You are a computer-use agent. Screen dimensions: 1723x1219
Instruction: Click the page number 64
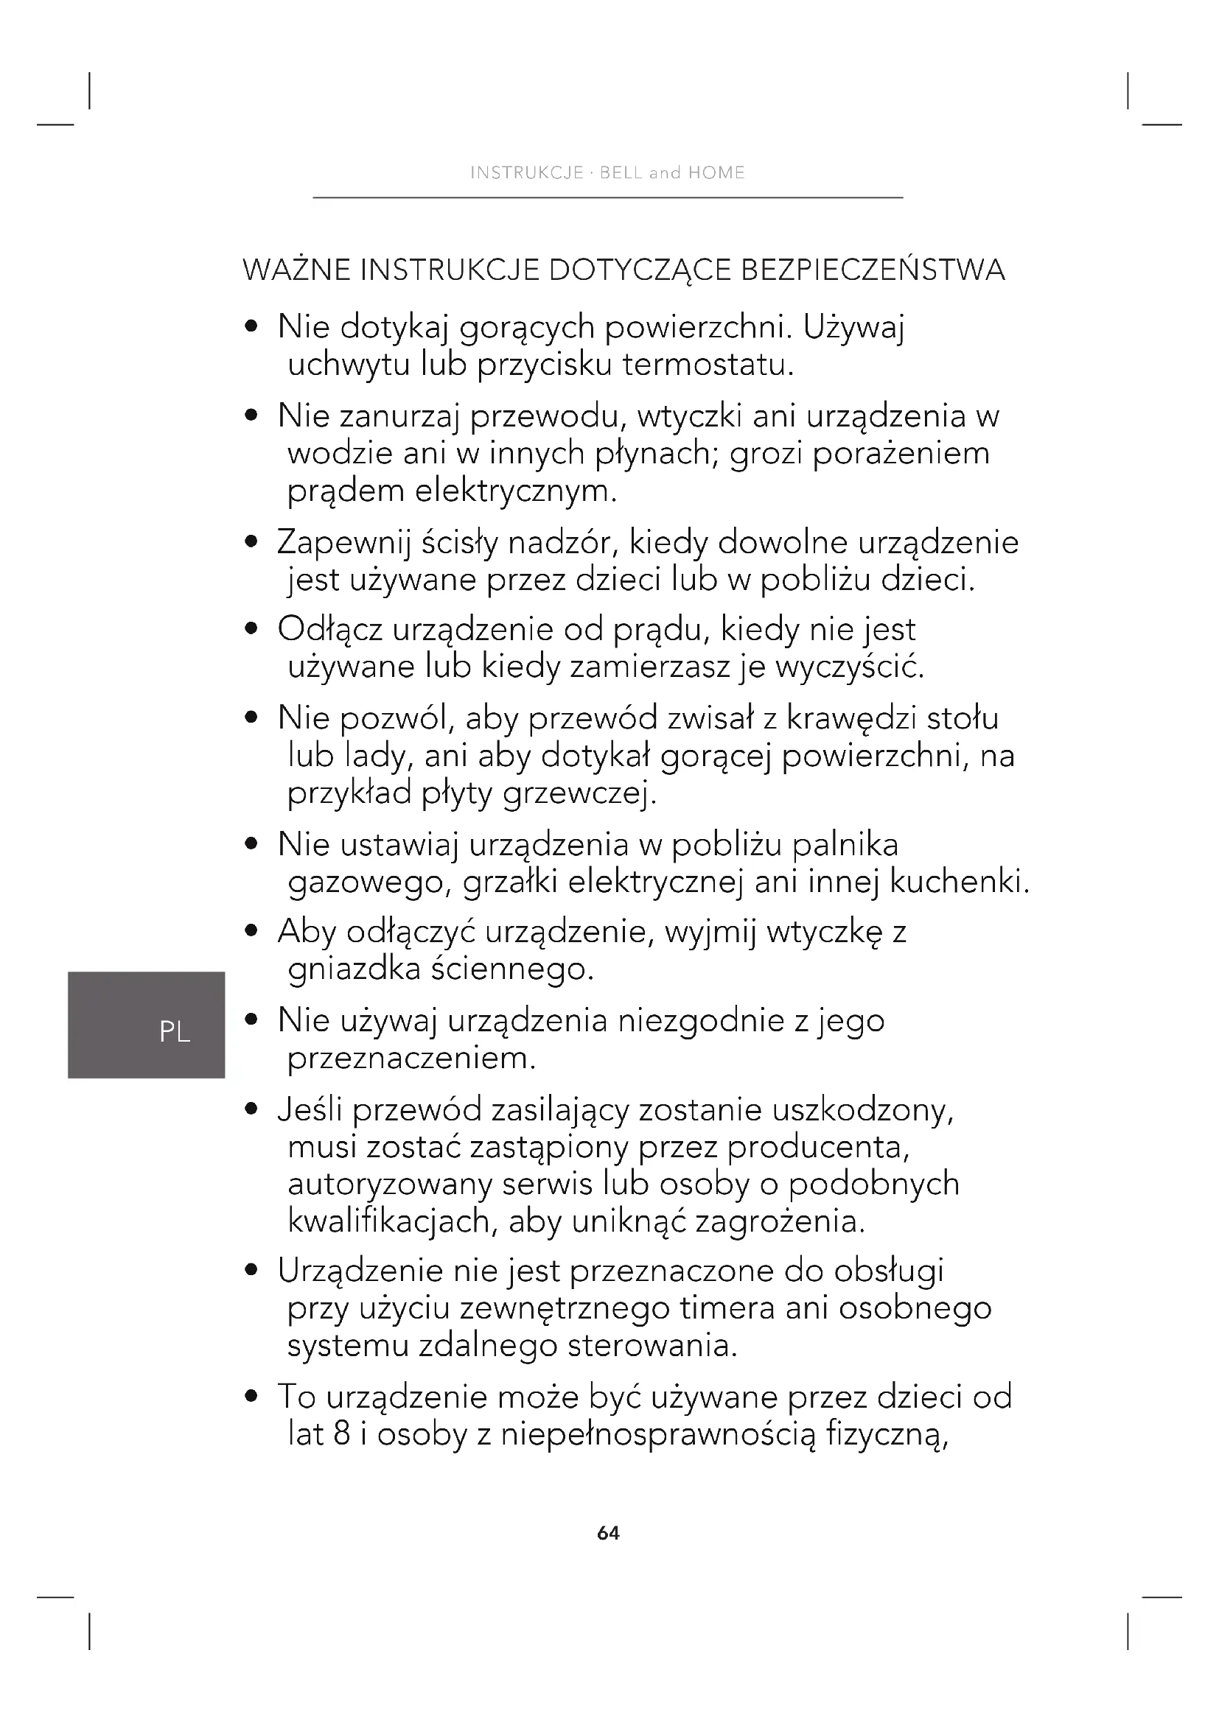(608, 1533)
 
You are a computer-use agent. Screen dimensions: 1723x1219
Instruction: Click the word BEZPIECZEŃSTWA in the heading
(872, 270)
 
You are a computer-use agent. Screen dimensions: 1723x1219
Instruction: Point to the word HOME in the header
(716, 173)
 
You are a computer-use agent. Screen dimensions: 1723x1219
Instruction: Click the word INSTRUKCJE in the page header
(527, 173)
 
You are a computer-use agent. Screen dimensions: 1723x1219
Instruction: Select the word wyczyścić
(849, 667)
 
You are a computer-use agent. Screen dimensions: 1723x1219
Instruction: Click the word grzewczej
(579, 794)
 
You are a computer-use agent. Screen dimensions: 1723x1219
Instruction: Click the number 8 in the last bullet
(341, 1435)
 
